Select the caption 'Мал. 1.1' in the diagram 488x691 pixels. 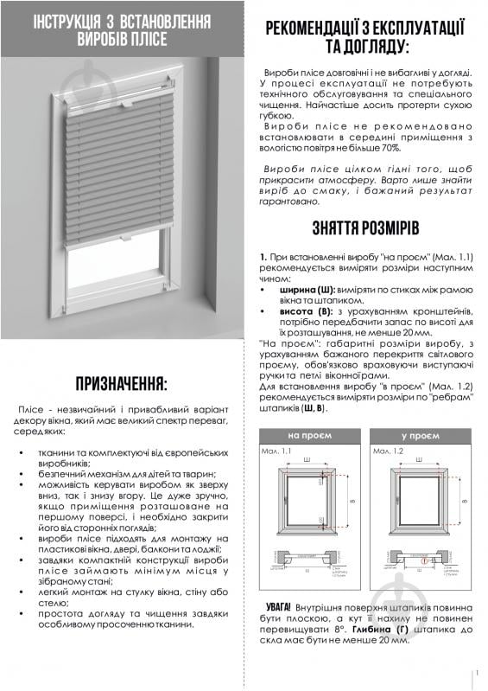click(274, 451)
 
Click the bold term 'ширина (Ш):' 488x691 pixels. click(300, 299)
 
